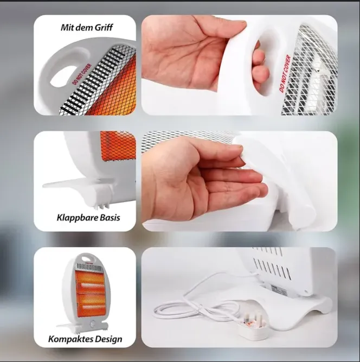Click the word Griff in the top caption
[104, 28]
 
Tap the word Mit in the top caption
[67, 27]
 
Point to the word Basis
[108, 218]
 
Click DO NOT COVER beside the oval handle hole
[82, 74]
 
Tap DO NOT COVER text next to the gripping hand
[285, 73]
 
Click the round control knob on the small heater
[93, 324]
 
